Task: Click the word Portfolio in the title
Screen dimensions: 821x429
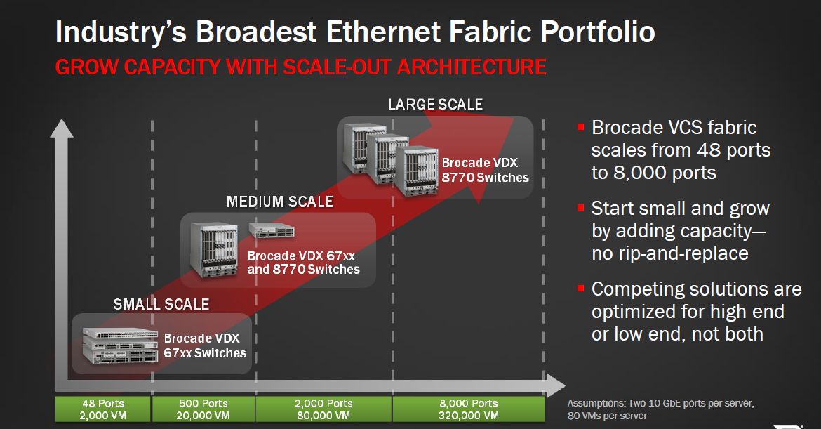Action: click(x=597, y=32)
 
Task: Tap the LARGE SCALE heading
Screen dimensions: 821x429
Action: click(x=436, y=104)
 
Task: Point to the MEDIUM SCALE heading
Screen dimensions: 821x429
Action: click(x=279, y=202)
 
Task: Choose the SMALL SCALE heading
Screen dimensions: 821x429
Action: click(x=161, y=304)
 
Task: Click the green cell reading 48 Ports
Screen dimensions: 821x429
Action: click(x=103, y=409)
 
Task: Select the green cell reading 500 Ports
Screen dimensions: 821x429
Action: click(x=203, y=409)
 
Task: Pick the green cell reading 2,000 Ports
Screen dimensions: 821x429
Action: click(x=323, y=409)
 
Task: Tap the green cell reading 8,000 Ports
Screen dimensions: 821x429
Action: click(x=469, y=409)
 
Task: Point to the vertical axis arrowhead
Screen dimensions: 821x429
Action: click(x=61, y=129)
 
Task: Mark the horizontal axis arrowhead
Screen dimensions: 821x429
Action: click(x=555, y=385)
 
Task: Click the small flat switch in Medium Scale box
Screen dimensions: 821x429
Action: click(x=272, y=230)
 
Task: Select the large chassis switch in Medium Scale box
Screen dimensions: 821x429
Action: click(x=213, y=249)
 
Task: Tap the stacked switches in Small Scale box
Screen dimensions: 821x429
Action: click(x=120, y=345)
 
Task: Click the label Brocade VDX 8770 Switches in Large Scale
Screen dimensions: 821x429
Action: click(x=485, y=170)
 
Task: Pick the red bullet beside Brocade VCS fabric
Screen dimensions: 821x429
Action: click(x=581, y=127)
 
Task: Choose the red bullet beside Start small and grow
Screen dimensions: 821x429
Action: click(x=581, y=207)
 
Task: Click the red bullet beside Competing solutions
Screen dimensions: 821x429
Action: click(x=581, y=288)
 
